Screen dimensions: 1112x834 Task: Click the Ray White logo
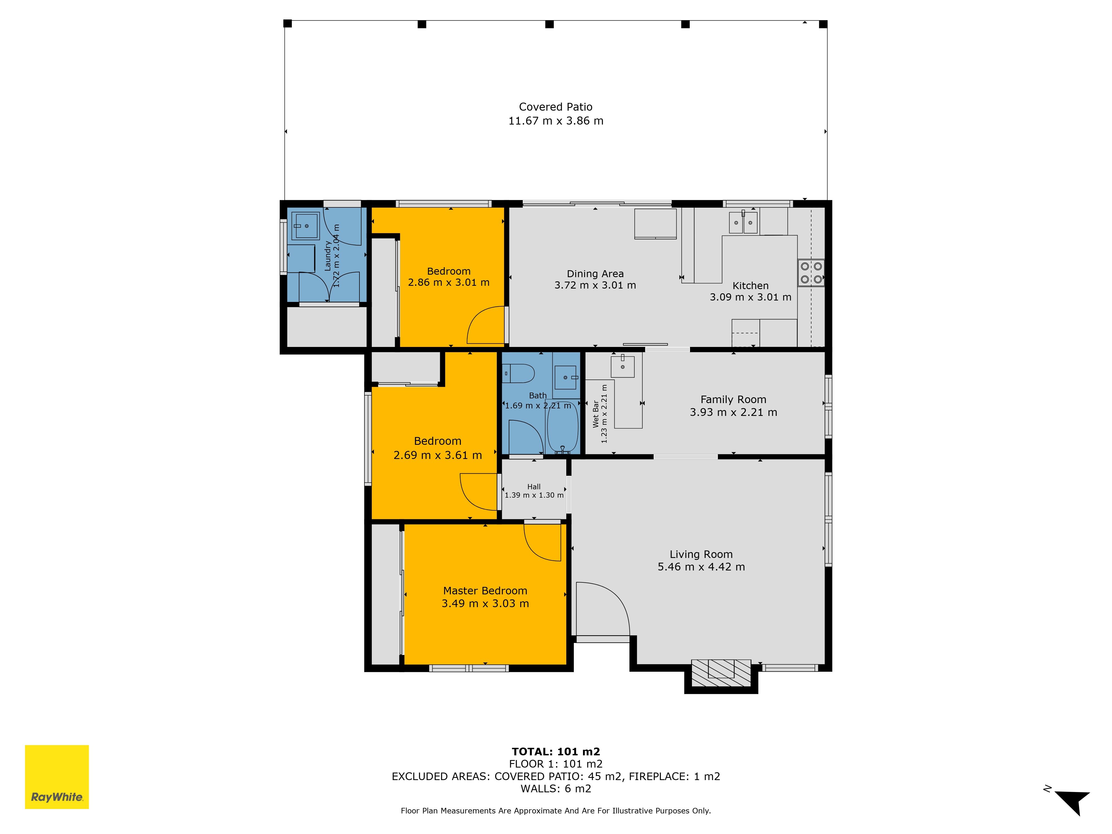point(57,777)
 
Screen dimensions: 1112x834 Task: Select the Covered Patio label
point(555,106)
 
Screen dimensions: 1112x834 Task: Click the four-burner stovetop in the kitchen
point(811,272)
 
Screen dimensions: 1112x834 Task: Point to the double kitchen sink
point(743,222)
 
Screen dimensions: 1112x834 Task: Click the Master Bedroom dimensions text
point(485,603)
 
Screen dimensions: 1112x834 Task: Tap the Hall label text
point(534,487)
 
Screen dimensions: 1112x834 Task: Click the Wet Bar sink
point(622,366)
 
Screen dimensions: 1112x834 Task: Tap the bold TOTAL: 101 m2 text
point(556,751)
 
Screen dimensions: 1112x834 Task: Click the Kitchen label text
point(751,286)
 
